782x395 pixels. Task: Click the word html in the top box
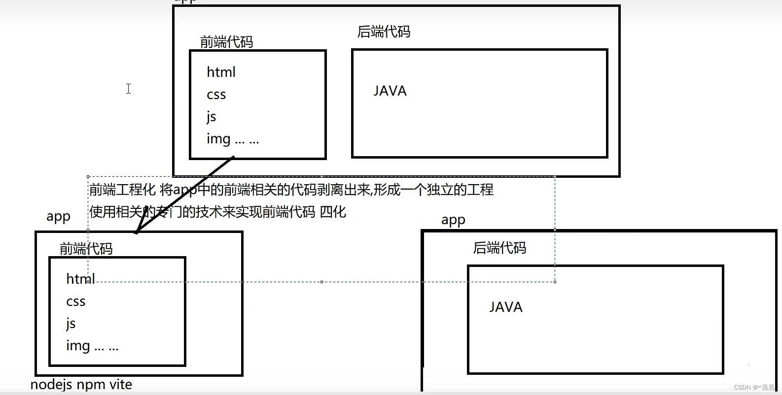[x=221, y=72]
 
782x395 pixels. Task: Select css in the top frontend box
[x=216, y=95]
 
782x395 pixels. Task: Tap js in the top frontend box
[x=211, y=117]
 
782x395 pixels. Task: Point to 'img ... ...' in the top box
[x=232, y=139]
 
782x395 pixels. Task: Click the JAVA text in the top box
[x=390, y=91]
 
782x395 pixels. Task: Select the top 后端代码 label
[x=384, y=32]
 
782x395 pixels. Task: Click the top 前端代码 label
[x=226, y=42]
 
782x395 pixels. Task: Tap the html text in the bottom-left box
[x=80, y=279]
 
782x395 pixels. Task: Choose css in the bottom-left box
[x=75, y=301]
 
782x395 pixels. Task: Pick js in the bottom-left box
[x=71, y=324]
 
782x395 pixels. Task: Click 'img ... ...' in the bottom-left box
[x=92, y=346]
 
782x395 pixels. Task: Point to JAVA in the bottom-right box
[x=506, y=307]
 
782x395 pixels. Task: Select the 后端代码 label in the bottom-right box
[x=499, y=248]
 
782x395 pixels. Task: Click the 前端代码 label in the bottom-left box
[x=86, y=249]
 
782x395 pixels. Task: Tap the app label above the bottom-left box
[x=58, y=217]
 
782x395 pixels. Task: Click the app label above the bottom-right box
[x=453, y=220]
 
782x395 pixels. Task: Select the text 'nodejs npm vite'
[x=81, y=385]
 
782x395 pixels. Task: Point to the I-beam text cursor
[x=128, y=89]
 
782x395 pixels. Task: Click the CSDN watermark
[x=754, y=388]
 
